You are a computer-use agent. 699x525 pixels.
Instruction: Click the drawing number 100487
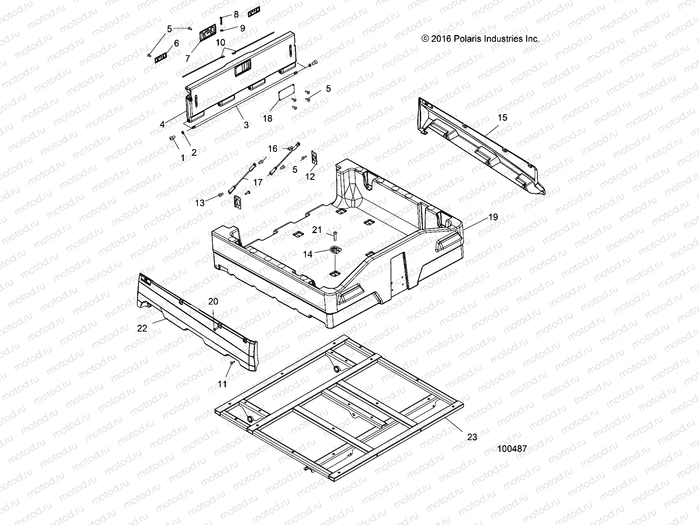pyautogui.click(x=512, y=448)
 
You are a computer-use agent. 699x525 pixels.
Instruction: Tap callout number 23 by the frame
pyautogui.click(x=472, y=437)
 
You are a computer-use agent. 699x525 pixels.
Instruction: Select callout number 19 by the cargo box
pyautogui.click(x=481, y=217)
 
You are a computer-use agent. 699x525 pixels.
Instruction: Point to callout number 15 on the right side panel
pyautogui.click(x=502, y=117)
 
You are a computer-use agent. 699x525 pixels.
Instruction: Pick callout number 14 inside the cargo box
pyautogui.click(x=308, y=254)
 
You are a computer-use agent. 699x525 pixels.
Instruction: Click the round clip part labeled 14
pyautogui.click(x=335, y=250)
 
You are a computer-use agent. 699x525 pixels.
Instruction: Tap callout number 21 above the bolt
pyautogui.click(x=317, y=230)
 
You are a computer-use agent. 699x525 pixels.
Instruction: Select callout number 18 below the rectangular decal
pyautogui.click(x=267, y=119)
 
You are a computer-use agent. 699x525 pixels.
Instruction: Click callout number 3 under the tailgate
pyautogui.click(x=246, y=125)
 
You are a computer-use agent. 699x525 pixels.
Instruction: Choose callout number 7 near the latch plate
pyautogui.click(x=188, y=58)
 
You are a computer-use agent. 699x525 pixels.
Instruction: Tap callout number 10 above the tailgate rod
pyautogui.click(x=221, y=42)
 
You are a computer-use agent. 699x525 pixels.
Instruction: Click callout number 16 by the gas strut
pyautogui.click(x=272, y=149)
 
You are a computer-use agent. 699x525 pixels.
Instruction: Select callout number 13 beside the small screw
pyautogui.click(x=200, y=203)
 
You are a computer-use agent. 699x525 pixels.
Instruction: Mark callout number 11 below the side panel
pyautogui.click(x=222, y=384)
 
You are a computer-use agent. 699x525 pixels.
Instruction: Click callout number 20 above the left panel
pyautogui.click(x=213, y=301)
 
